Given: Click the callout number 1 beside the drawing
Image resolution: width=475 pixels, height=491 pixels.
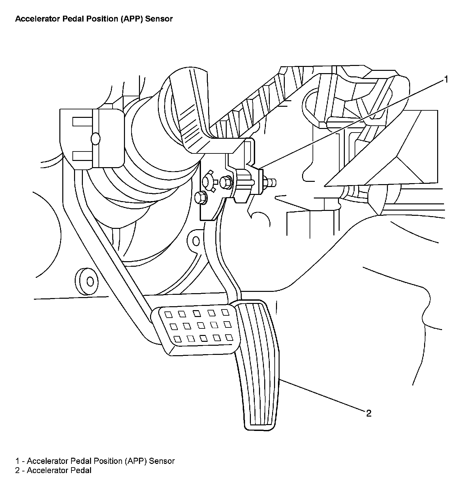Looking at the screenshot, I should click(x=446, y=79).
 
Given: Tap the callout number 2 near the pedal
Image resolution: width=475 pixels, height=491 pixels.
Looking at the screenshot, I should click(x=369, y=414).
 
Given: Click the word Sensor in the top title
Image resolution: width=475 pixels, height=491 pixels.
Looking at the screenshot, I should click(x=159, y=19).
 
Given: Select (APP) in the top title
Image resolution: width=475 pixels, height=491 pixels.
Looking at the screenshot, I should click(x=132, y=19).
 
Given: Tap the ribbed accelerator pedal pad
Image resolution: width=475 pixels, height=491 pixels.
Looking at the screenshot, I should click(x=257, y=366).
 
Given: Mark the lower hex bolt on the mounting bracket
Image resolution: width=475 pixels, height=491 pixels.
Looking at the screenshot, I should click(x=200, y=197).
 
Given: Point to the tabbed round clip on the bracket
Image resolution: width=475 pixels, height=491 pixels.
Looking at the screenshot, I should click(x=208, y=181).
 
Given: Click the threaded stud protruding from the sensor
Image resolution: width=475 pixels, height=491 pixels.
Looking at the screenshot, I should click(x=271, y=181).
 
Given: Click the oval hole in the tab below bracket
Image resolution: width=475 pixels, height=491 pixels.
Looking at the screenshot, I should click(x=196, y=241).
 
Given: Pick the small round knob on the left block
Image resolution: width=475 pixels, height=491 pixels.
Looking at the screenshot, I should click(x=96, y=138).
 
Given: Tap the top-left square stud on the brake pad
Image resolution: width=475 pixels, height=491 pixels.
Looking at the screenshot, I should click(x=168, y=315).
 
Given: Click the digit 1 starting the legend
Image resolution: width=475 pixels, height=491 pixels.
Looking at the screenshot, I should click(x=18, y=461).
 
